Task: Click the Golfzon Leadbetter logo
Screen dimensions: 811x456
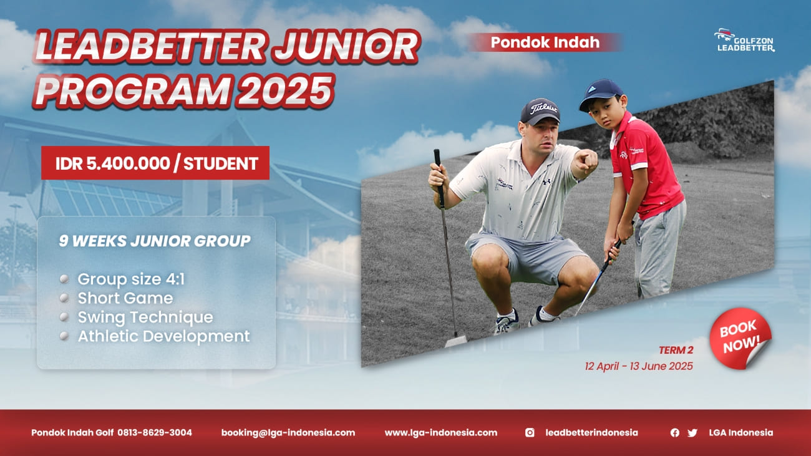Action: click(745, 41)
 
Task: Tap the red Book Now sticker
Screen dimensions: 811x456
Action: click(741, 338)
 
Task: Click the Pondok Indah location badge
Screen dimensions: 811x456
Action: click(545, 42)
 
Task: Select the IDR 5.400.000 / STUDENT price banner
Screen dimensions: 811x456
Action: click(155, 163)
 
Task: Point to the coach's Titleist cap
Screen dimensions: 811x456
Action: click(540, 111)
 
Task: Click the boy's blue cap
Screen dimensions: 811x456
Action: click(601, 94)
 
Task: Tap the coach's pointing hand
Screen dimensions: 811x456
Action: click(586, 162)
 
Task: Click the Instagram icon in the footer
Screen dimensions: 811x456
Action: click(530, 432)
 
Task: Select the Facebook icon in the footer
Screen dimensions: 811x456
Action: click(674, 432)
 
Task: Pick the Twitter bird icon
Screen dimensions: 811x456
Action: click(692, 433)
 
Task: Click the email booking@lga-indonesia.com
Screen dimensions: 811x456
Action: click(288, 433)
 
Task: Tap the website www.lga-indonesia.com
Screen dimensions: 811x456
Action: click(441, 433)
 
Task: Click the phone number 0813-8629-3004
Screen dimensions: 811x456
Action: click(155, 432)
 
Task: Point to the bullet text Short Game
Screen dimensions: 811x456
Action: click(125, 298)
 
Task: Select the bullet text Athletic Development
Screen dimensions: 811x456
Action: click(163, 336)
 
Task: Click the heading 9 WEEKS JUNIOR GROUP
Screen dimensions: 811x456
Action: click(155, 241)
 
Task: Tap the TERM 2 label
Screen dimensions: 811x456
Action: click(676, 351)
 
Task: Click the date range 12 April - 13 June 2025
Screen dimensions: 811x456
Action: click(639, 366)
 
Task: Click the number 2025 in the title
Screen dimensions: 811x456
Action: click(285, 90)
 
